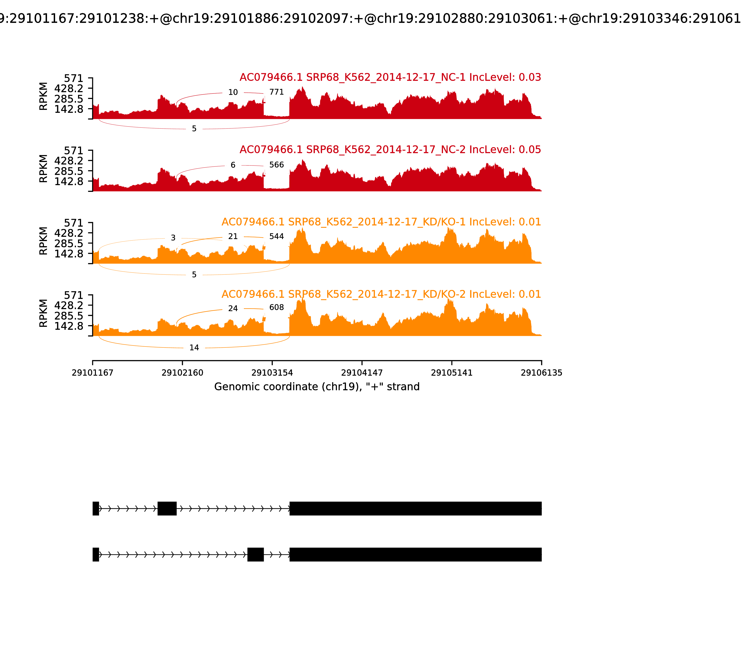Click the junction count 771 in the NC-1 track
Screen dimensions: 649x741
point(276,92)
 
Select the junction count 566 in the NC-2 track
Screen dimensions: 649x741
point(276,165)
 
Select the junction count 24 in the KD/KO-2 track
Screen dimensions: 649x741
point(233,309)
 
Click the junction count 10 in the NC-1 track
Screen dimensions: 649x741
point(233,92)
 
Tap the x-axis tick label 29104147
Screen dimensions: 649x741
point(362,373)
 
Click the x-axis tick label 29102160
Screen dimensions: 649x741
point(182,373)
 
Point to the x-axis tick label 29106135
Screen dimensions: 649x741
point(541,373)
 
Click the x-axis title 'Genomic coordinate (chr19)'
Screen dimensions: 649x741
point(317,387)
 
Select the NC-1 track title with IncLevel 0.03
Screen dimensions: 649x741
point(390,77)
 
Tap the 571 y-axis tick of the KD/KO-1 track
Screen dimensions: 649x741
point(73,223)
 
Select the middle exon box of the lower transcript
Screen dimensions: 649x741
point(255,554)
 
